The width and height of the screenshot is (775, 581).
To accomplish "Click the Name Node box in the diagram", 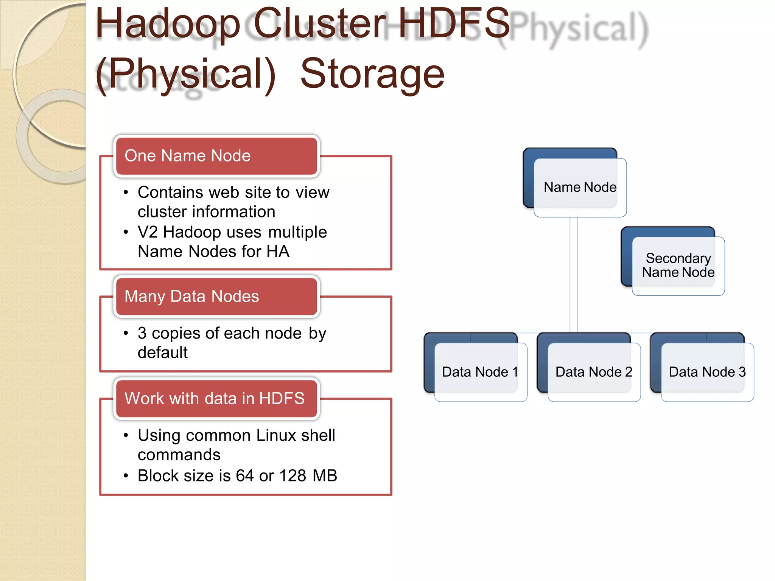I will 580,187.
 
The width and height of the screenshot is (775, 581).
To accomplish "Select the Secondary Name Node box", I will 678,266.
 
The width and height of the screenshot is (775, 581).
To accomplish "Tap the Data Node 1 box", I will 480,372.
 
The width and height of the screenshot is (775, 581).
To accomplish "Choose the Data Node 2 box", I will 594,372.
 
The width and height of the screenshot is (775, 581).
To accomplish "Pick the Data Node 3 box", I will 707,372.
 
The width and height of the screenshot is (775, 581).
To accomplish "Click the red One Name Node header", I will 216,156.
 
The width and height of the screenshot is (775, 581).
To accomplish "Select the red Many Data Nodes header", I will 216,297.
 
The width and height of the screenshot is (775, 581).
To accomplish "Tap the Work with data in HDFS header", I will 216,399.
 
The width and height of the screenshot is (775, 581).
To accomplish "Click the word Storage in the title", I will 372,74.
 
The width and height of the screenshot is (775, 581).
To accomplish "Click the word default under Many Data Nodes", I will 162,353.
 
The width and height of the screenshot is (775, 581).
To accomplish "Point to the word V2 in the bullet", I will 148,232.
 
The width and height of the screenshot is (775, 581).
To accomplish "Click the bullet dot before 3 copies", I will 126,333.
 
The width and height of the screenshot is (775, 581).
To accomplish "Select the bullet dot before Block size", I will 126,476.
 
